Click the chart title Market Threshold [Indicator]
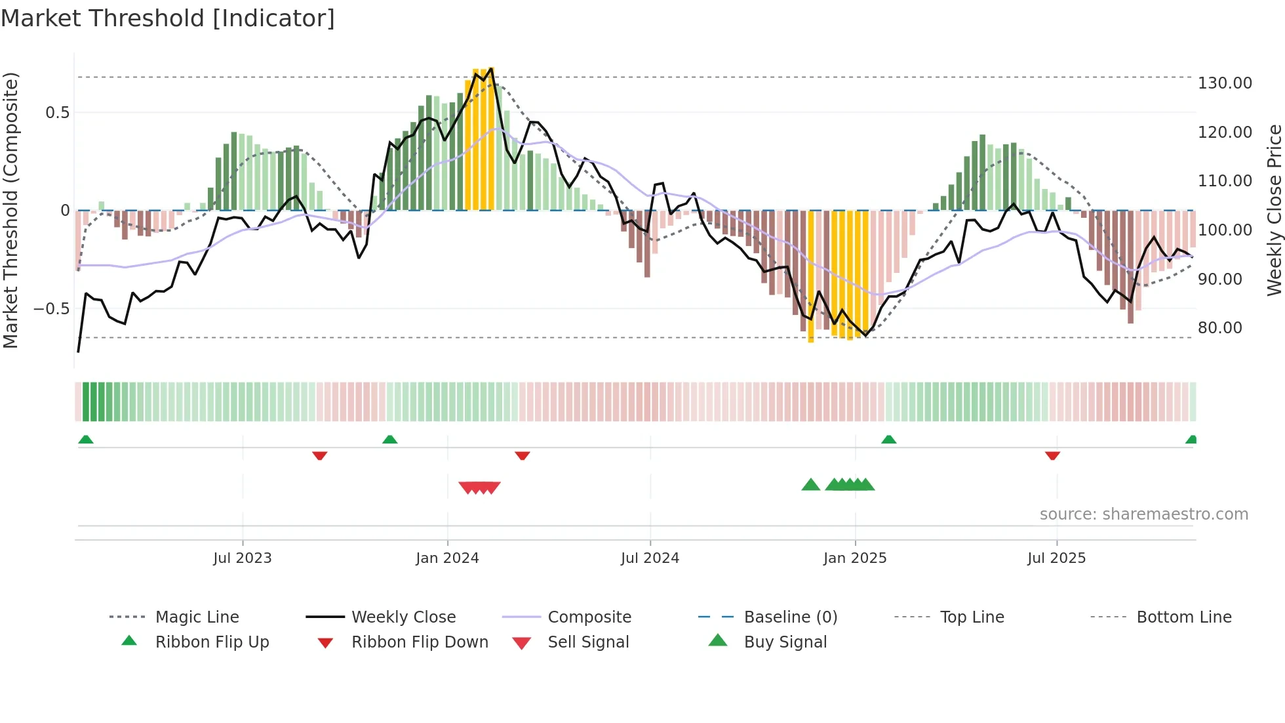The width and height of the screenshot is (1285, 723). pos(168,18)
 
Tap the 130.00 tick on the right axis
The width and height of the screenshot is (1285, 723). pos(1224,83)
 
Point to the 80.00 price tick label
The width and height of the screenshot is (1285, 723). pos(1219,328)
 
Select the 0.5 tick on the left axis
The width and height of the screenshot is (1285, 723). pos(57,113)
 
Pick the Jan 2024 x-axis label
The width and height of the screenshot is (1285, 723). pos(447,558)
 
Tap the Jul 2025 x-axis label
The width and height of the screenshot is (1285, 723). pos(1056,558)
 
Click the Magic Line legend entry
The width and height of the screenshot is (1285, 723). pos(197,617)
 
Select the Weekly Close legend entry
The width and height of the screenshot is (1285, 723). pos(403,617)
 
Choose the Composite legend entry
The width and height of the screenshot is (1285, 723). pos(589,617)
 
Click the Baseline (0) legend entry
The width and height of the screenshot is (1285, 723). pos(790,617)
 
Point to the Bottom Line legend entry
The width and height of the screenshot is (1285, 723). pos(1183,617)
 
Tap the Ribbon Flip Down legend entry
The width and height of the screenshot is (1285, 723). pos(420,642)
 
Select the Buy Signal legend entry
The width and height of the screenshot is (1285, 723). pos(785,642)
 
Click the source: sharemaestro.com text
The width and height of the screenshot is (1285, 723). pos(1143,514)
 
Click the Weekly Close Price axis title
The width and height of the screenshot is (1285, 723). pos(1274,210)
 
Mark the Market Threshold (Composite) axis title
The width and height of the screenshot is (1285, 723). pos(10,210)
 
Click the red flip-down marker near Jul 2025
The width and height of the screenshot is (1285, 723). pos(1052,455)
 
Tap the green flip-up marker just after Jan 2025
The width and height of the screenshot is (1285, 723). pos(888,440)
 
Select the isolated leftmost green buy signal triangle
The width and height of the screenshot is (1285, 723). pos(810,485)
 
